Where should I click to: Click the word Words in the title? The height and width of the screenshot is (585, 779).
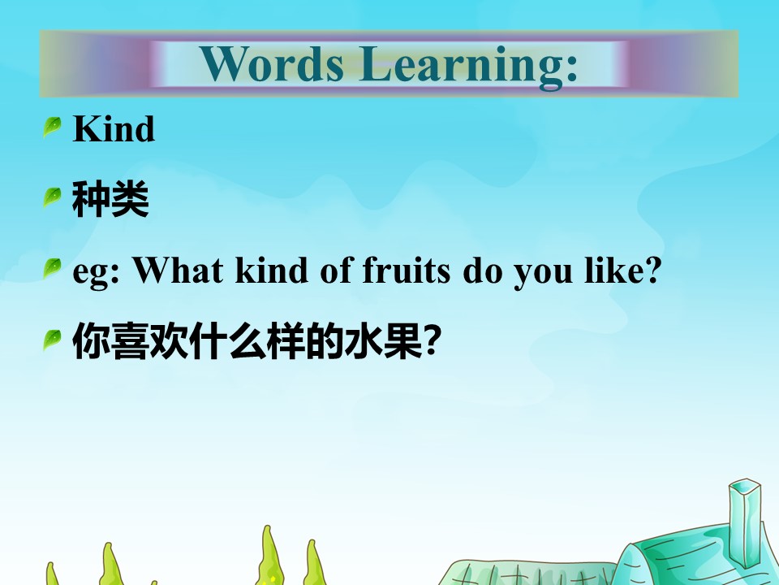tap(272, 63)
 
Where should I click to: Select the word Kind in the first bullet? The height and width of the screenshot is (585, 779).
tap(114, 128)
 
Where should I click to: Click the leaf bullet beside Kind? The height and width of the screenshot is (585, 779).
tap(52, 127)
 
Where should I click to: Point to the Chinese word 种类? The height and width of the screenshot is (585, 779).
tap(111, 199)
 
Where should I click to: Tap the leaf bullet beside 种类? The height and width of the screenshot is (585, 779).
tap(52, 197)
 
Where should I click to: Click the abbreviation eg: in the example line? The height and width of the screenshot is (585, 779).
tap(97, 272)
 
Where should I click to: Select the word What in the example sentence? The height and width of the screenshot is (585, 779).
tap(178, 270)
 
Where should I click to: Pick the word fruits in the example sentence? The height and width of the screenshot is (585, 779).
tap(407, 270)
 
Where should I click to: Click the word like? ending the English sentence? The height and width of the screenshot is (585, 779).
tap(623, 270)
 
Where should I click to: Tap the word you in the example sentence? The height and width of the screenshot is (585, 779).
tap(543, 275)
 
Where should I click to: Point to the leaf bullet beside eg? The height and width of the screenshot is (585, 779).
tap(52, 269)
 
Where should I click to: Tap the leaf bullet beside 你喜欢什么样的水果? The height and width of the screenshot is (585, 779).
tap(52, 340)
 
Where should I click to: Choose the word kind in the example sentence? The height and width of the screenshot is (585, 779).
tap(272, 270)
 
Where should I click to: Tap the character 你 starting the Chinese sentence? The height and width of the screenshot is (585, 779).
tap(92, 340)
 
